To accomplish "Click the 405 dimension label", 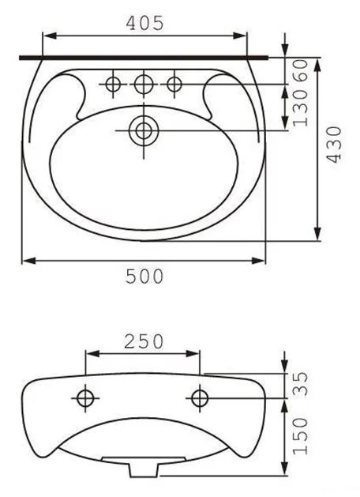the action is point(145,23).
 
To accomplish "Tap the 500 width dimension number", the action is point(144,276).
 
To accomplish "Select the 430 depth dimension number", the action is point(335,145).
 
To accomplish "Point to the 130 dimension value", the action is point(300,107).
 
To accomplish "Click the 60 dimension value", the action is point(300,70).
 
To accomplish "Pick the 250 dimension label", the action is point(144,341).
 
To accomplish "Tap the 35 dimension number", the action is point(300,384).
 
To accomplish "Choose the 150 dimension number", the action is point(300,436).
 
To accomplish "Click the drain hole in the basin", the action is point(144,130).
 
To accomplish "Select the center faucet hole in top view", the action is point(144,84).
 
